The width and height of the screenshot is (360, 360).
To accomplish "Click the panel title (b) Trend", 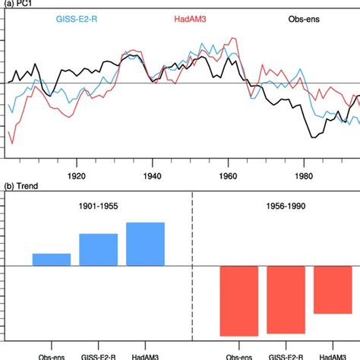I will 22,186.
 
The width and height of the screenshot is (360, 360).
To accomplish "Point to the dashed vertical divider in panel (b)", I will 192,266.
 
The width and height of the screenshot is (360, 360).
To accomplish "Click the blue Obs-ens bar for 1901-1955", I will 52,260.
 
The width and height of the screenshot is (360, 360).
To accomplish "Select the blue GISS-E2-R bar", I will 99,250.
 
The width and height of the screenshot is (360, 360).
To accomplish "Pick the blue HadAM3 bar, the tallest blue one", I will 145,244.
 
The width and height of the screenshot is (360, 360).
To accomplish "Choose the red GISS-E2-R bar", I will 286,300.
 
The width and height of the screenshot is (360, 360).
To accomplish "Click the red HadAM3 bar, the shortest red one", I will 333,289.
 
